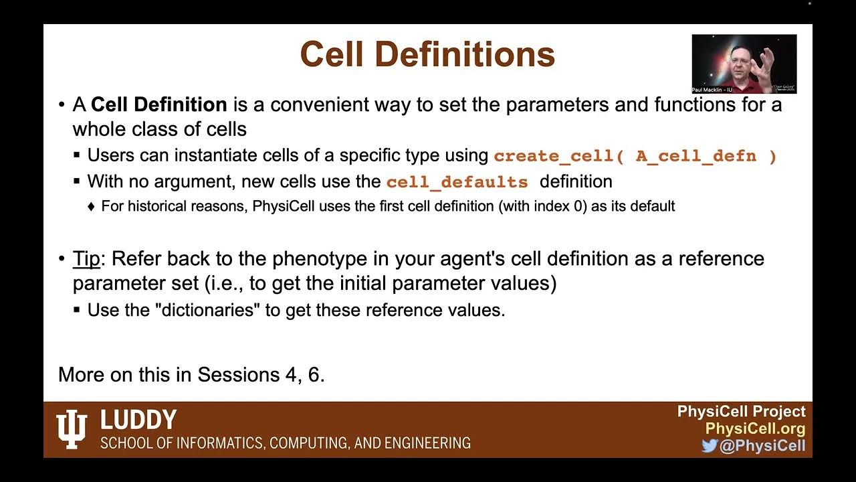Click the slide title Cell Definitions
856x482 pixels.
point(427,54)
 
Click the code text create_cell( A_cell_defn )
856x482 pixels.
point(635,156)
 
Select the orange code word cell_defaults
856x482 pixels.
point(457,182)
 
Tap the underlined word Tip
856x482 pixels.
point(86,258)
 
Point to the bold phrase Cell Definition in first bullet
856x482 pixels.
point(159,105)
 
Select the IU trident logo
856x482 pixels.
point(72,428)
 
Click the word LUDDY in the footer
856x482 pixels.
point(138,420)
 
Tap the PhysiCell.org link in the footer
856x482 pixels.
point(755,428)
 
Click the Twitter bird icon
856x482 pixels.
point(709,446)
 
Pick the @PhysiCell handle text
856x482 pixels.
point(762,446)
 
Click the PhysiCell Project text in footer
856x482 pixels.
point(741,412)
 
